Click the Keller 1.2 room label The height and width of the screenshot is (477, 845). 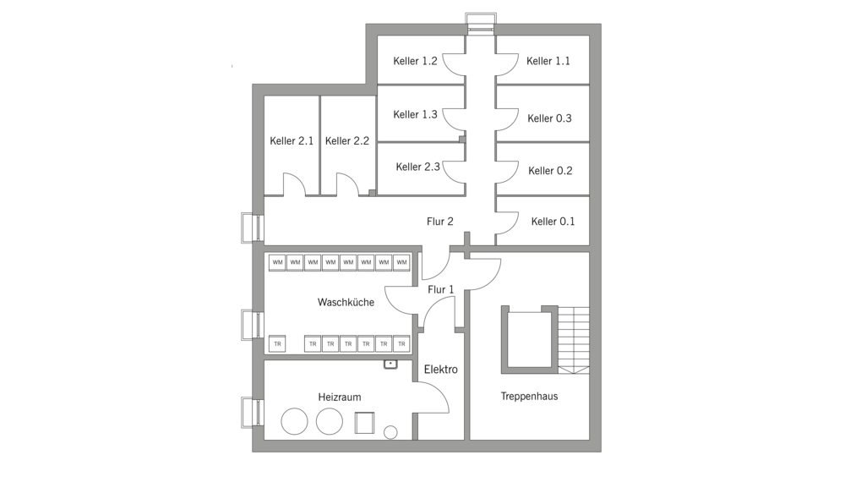(x=415, y=61)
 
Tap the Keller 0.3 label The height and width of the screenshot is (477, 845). (x=549, y=118)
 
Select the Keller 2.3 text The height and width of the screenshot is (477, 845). (x=417, y=167)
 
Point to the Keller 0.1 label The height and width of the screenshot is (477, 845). (x=553, y=222)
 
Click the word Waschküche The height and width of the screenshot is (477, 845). (x=346, y=302)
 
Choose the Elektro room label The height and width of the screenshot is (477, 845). (x=440, y=370)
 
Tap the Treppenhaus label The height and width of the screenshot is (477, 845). (x=529, y=396)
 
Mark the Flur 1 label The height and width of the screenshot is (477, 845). (x=441, y=289)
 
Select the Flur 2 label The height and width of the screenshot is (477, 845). (x=440, y=222)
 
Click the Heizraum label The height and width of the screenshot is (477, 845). (x=340, y=396)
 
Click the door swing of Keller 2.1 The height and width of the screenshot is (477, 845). (x=293, y=184)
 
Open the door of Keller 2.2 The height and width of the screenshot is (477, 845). (x=347, y=184)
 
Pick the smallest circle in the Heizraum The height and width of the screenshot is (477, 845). (x=390, y=432)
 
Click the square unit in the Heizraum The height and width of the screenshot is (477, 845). (x=365, y=421)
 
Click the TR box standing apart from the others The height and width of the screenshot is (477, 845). (x=277, y=344)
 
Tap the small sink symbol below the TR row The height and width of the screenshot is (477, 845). (x=390, y=364)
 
